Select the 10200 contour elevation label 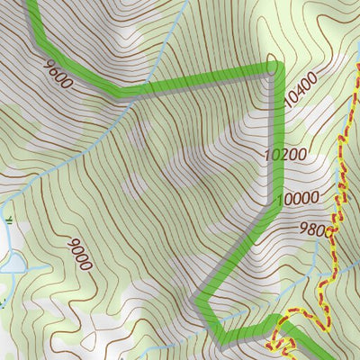(x=286, y=154)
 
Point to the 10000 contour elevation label (x=296, y=198)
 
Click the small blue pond (x=13, y=262)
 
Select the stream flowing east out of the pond (x=36, y=267)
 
